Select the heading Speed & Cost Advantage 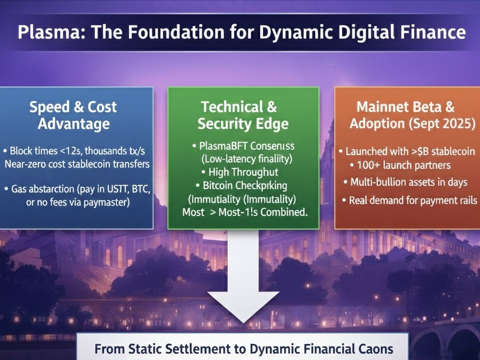click(x=73, y=115)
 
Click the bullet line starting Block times click(x=77, y=151)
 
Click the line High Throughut click(x=243, y=172)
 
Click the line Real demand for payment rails click(x=410, y=200)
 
